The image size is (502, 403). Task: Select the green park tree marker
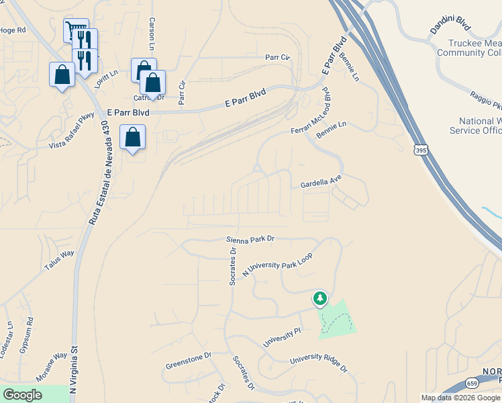320,298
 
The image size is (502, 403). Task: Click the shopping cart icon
75,29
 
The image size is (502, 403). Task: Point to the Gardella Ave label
321,180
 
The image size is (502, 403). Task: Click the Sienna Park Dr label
251,238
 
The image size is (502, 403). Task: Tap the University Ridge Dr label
319,363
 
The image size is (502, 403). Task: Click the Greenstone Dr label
189,360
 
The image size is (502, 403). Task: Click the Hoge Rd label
12,30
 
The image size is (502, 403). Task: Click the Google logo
23,395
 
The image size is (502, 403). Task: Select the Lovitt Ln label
105,75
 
